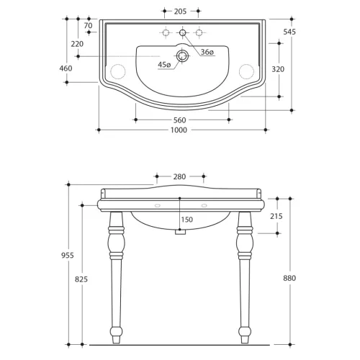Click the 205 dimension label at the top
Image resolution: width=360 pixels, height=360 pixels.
180,12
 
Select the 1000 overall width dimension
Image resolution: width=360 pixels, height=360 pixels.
179,130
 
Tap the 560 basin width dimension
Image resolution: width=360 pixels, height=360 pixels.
180,120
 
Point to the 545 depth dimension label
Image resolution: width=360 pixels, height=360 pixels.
289,32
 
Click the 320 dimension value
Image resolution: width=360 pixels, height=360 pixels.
278,69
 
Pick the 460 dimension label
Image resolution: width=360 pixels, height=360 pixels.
66,68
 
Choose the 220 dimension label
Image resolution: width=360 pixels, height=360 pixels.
77,44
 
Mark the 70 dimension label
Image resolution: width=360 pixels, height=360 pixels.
88,25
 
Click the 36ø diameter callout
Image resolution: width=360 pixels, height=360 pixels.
207,52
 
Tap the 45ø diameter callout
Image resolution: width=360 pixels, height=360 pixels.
164,65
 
